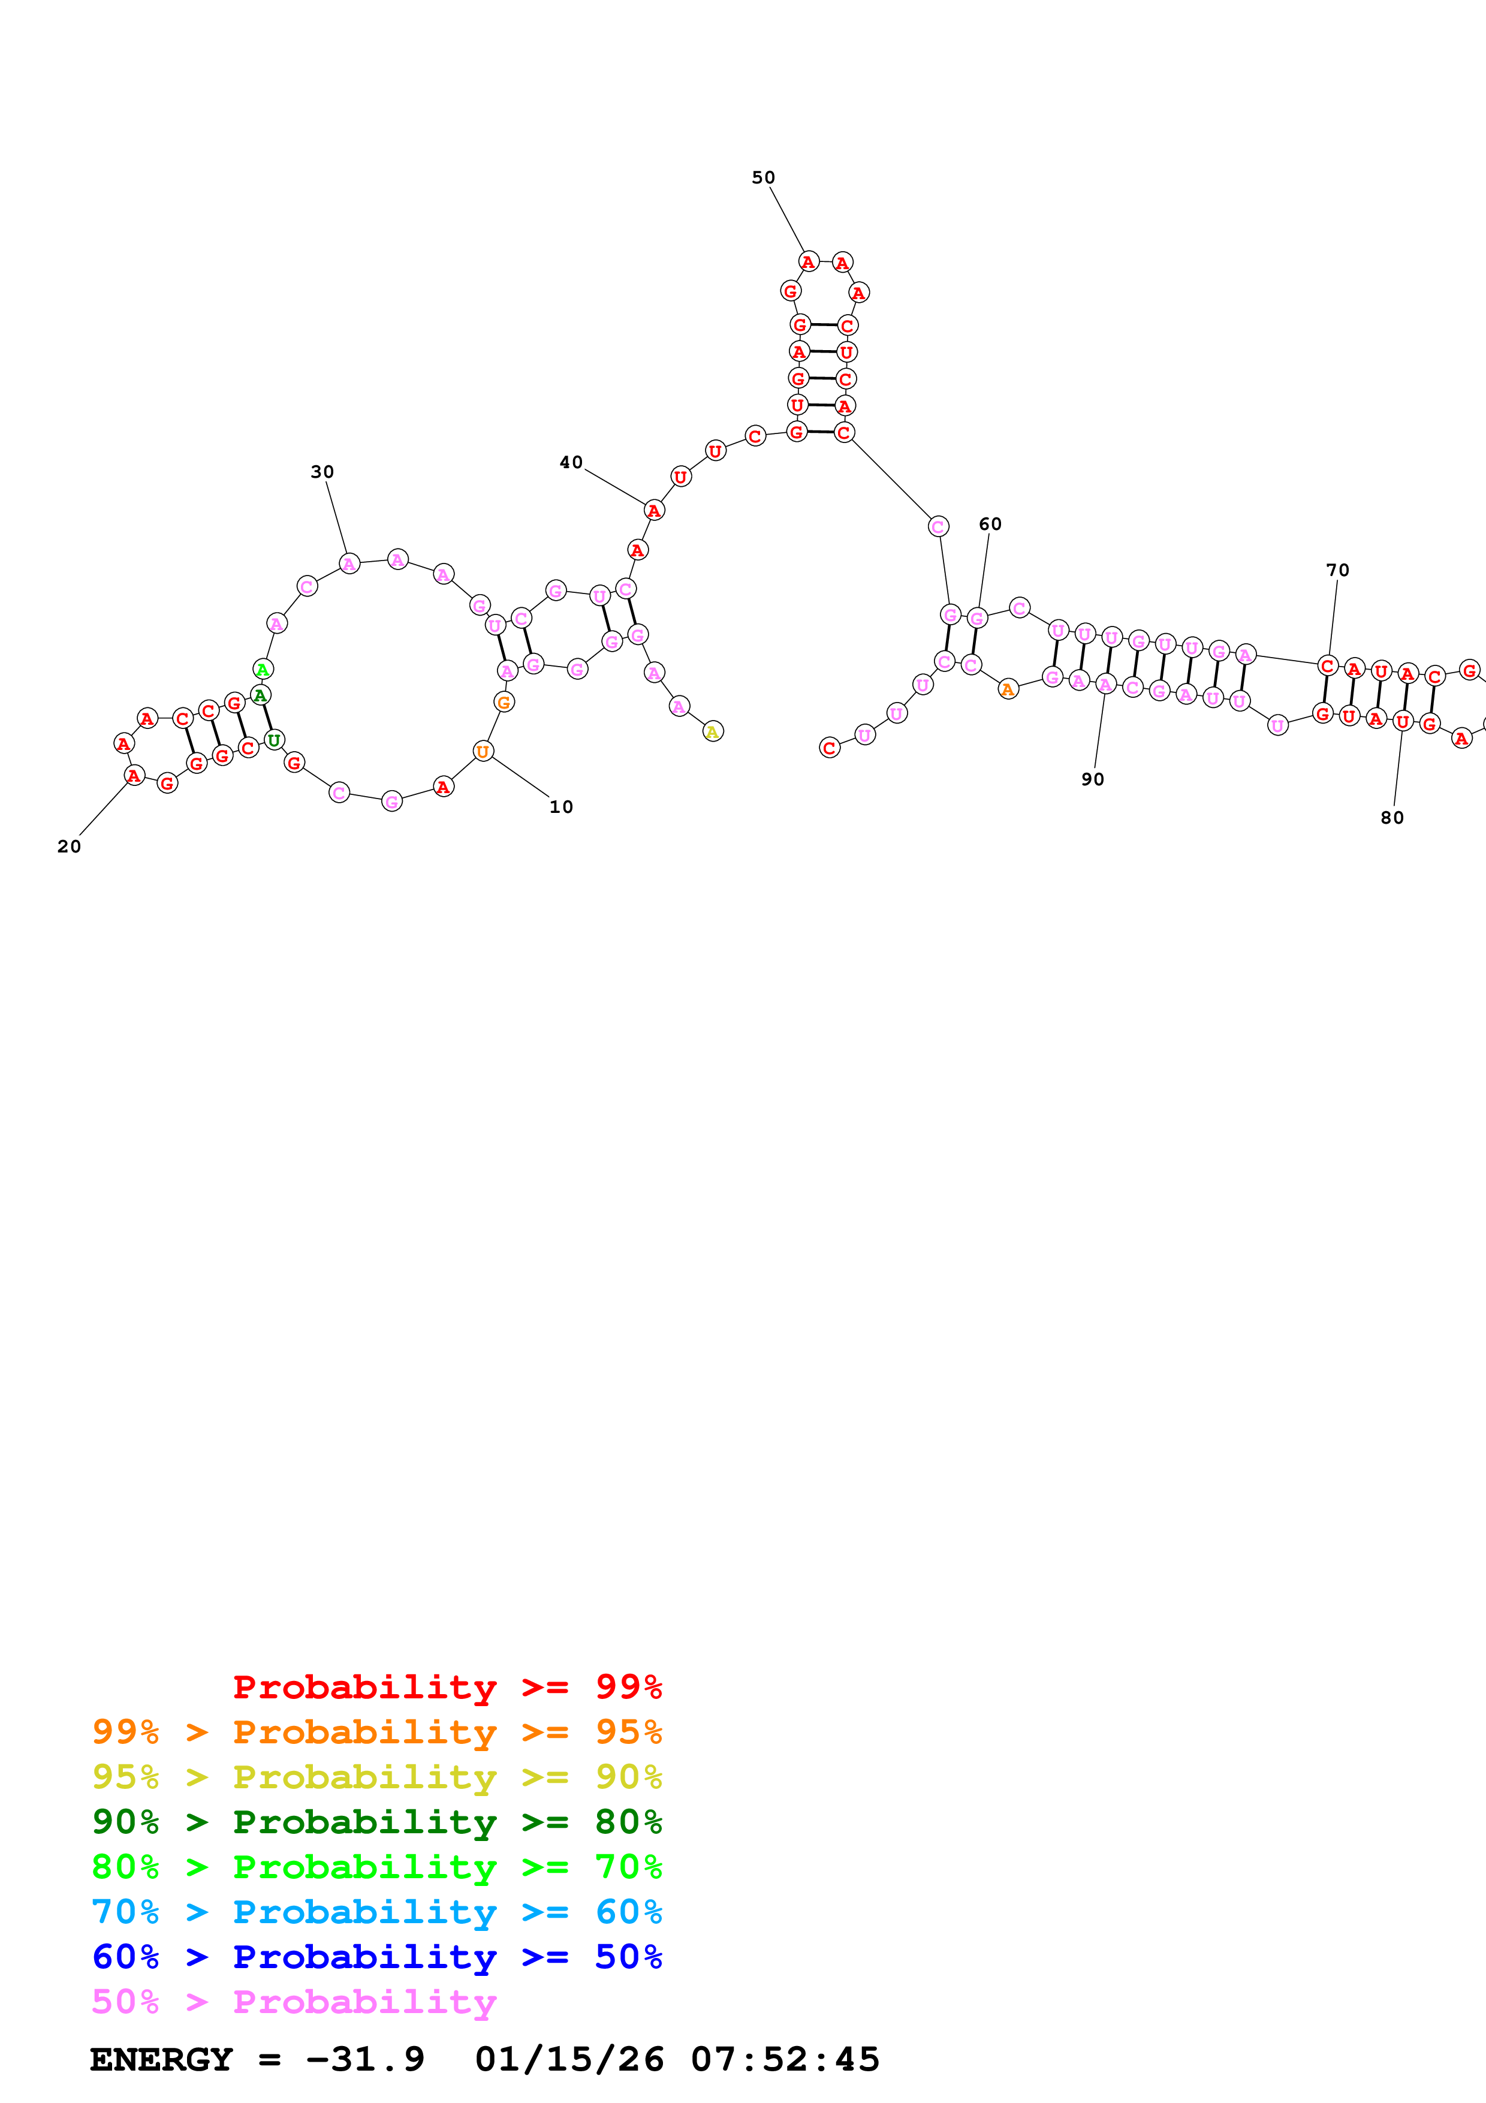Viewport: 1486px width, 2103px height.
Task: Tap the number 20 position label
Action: point(69,846)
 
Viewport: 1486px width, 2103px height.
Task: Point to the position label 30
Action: point(321,472)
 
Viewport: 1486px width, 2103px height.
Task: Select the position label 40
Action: point(571,463)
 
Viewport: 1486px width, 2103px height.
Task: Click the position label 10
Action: point(560,807)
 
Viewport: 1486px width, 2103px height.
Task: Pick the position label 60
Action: point(990,524)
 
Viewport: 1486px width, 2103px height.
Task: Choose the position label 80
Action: point(1392,818)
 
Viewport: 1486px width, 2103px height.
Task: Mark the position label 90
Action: point(1092,779)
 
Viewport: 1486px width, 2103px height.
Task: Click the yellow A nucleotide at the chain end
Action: point(712,731)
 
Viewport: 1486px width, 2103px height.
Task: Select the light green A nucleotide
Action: point(263,670)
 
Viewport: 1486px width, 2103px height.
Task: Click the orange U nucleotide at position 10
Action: point(483,752)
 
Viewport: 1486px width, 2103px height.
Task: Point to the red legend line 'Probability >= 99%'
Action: point(447,1686)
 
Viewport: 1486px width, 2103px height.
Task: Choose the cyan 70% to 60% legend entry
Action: point(376,1912)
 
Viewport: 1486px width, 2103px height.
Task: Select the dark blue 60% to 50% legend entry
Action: point(376,1957)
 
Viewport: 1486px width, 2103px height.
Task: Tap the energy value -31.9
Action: point(364,2060)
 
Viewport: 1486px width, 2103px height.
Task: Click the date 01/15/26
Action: point(569,2060)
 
